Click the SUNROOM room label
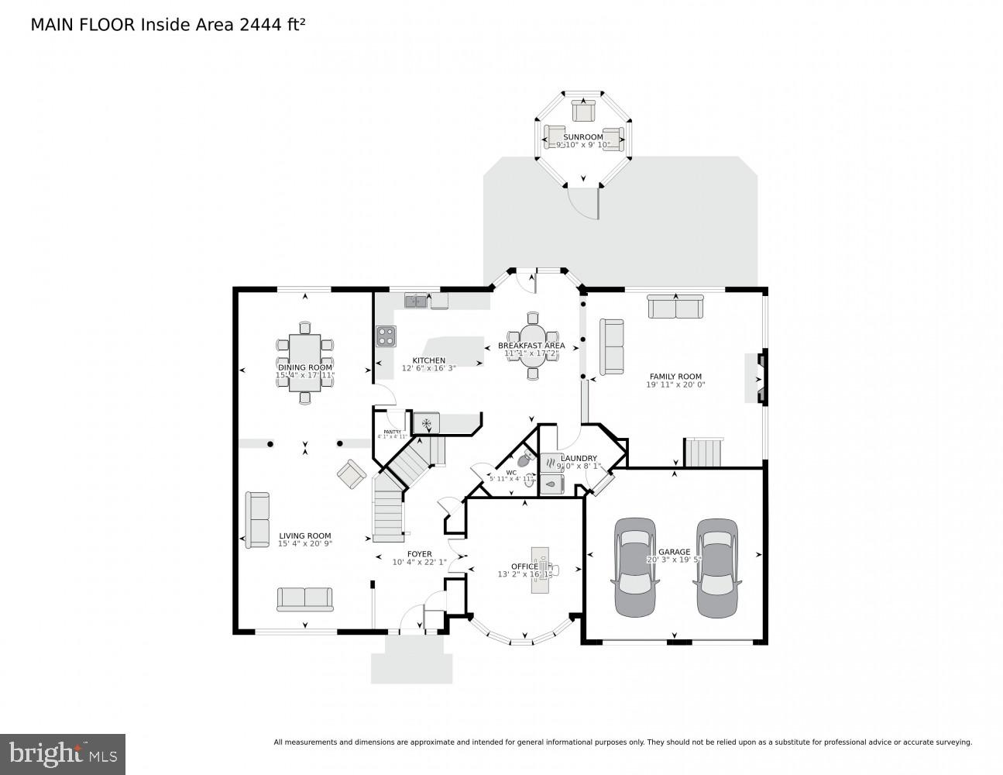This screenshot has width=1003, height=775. pyautogui.click(x=582, y=137)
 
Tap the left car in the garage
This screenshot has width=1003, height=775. pyautogui.click(x=634, y=567)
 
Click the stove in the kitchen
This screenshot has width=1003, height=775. pyautogui.click(x=386, y=336)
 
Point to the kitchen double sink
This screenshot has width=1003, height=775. pyautogui.click(x=415, y=300)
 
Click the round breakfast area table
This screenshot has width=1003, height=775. pyautogui.click(x=532, y=346)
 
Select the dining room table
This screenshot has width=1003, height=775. pyautogui.click(x=304, y=362)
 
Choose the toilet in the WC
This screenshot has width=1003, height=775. pyautogui.click(x=526, y=459)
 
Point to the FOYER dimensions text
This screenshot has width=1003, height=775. pyautogui.click(x=419, y=563)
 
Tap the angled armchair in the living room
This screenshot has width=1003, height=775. pyautogui.click(x=351, y=474)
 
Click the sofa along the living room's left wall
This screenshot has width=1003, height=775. pyautogui.click(x=257, y=519)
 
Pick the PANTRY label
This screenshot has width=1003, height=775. pyautogui.click(x=392, y=432)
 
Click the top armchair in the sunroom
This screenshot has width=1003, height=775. pyautogui.click(x=582, y=110)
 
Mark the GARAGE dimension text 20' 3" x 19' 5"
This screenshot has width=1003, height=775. pyautogui.click(x=674, y=560)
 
